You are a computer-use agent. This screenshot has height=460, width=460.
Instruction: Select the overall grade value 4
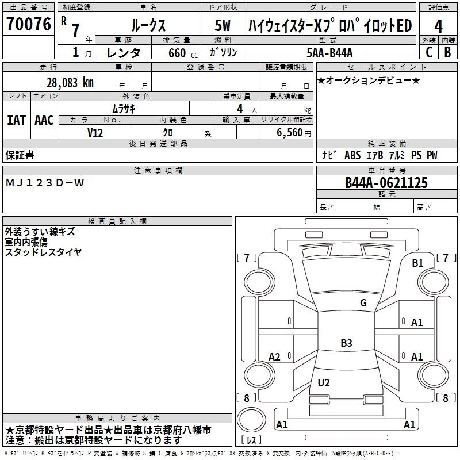(x=439, y=26)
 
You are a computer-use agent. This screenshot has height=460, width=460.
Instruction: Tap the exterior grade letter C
(x=428, y=52)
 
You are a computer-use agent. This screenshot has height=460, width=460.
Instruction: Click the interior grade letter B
(x=448, y=52)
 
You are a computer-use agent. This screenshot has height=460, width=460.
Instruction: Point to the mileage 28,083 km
(x=69, y=82)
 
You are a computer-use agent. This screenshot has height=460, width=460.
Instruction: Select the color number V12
(x=95, y=132)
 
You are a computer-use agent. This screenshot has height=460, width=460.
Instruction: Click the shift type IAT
(x=16, y=120)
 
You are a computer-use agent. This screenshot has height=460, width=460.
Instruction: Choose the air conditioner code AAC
(x=44, y=120)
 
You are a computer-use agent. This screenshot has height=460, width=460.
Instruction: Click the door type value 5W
(x=223, y=26)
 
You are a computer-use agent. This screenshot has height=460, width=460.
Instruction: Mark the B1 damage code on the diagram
(x=417, y=263)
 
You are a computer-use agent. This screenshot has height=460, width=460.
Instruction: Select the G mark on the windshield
(x=363, y=303)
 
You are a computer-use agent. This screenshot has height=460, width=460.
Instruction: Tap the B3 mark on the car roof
(x=346, y=343)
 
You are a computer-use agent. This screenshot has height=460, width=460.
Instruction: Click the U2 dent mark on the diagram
(x=324, y=382)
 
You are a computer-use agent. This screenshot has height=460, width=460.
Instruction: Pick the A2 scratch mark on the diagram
(x=275, y=357)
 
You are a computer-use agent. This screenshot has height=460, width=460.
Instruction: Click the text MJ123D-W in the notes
(x=45, y=183)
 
